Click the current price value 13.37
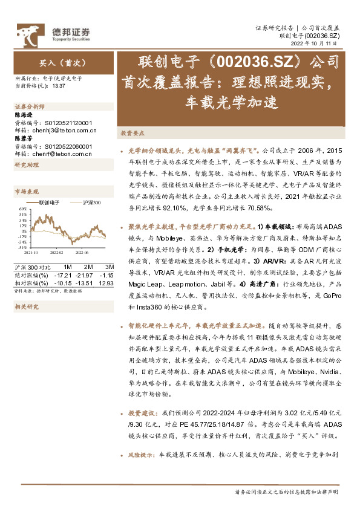[x=59, y=86]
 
